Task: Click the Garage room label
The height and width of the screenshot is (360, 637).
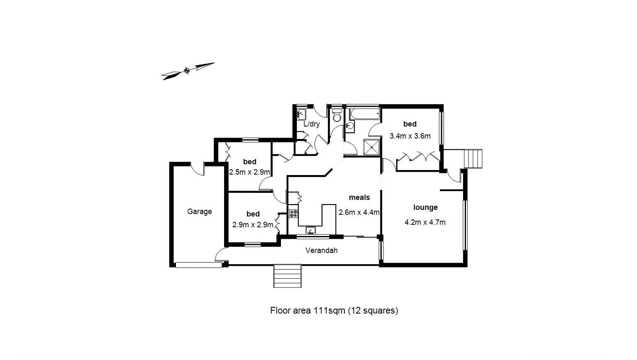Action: [x=199, y=212]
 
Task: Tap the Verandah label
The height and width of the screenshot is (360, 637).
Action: [x=321, y=251]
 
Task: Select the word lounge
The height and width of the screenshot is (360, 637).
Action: [x=425, y=207]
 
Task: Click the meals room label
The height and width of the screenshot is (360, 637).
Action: [x=359, y=197]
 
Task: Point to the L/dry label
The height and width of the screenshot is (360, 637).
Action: [x=312, y=124]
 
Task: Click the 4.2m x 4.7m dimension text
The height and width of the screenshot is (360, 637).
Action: [x=425, y=222]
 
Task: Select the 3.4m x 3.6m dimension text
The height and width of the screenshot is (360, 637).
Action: [x=410, y=136]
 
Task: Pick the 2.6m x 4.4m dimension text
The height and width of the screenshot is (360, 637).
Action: [x=359, y=212]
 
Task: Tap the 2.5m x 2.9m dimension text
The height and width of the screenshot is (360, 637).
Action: [x=250, y=172]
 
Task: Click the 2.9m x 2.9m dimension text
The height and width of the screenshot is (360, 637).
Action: [x=253, y=225]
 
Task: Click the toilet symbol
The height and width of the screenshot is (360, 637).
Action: [x=336, y=116]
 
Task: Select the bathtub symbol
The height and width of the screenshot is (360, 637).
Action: [x=363, y=114]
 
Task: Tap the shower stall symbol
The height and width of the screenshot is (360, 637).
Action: [x=372, y=147]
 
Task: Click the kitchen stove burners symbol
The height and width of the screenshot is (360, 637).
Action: [x=293, y=214]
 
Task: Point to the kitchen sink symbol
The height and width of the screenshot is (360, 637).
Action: [x=311, y=230]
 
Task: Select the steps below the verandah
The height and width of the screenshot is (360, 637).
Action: [x=287, y=276]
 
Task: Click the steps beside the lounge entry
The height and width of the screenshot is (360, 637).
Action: [x=473, y=158]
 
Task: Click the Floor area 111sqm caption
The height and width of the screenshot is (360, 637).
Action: [x=334, y=310]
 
